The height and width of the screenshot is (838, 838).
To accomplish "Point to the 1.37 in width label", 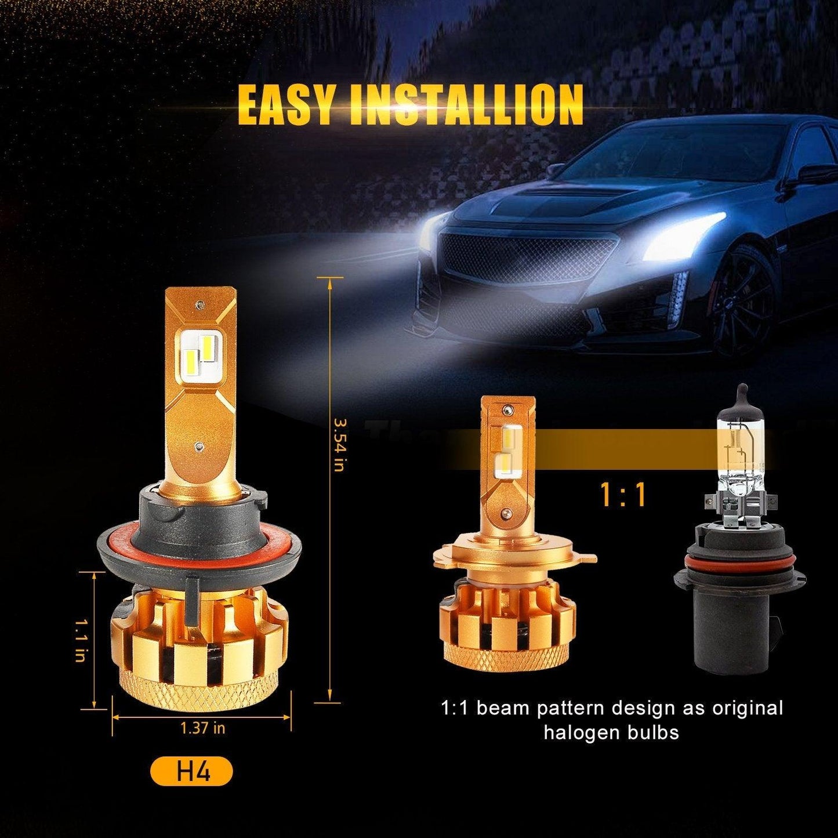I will coord(202,728).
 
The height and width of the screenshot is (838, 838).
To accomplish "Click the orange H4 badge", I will coord(191,773).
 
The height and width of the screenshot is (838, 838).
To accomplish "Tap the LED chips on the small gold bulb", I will coord(503,449).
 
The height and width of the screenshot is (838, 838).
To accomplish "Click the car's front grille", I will coord(525,255).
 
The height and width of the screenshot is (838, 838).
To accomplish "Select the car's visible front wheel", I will coord(742,302).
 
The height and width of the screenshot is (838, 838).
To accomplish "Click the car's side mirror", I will coord(815,174).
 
